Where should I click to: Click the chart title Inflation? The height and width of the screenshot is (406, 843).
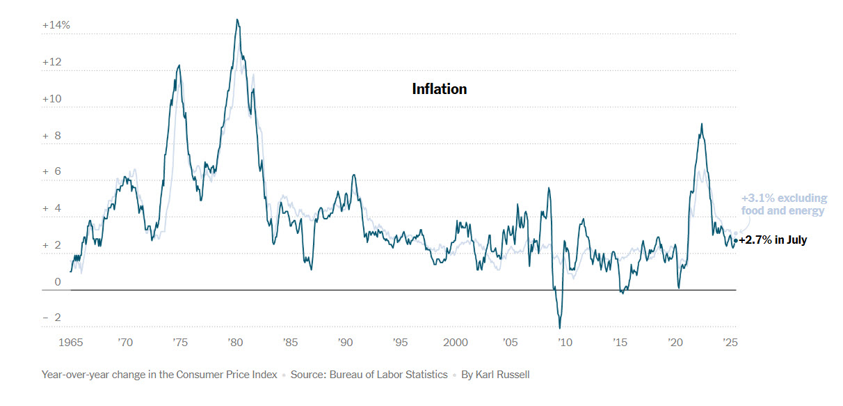point(439,89)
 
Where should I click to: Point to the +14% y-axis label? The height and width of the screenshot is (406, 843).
point(56,25)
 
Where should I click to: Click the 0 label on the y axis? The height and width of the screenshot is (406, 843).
point(58,282)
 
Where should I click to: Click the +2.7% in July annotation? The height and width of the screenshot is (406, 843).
point(773,240)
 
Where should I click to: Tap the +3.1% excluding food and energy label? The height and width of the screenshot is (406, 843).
point(784,204)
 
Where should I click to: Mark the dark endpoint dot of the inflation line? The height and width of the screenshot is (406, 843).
point(735,240)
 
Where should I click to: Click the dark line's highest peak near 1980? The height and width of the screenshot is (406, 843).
point(237,19)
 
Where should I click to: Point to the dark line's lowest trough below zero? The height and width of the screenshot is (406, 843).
point(560,328)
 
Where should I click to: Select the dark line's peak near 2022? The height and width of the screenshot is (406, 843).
point(702,124)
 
